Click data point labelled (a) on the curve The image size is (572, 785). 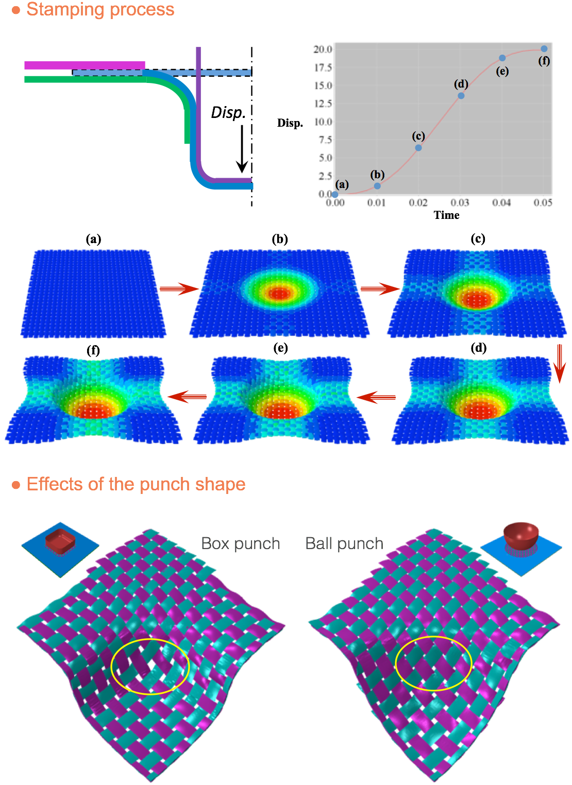click(335, 195)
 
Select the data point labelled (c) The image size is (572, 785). click(418, 148)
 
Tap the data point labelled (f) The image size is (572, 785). click(544, 49)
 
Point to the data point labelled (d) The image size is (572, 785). click(461, 96)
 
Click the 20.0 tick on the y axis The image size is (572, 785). click(323, 49)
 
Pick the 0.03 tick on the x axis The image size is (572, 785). click(460, 203)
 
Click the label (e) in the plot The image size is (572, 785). click(502, 71)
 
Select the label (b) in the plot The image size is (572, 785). click(378, 175)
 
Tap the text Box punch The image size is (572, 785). click(241, 543)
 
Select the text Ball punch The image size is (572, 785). click(344, 543)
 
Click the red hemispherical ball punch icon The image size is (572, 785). click(521, 535)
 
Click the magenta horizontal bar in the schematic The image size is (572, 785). click(85, 65)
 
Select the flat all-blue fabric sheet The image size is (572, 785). click(93, 294)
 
